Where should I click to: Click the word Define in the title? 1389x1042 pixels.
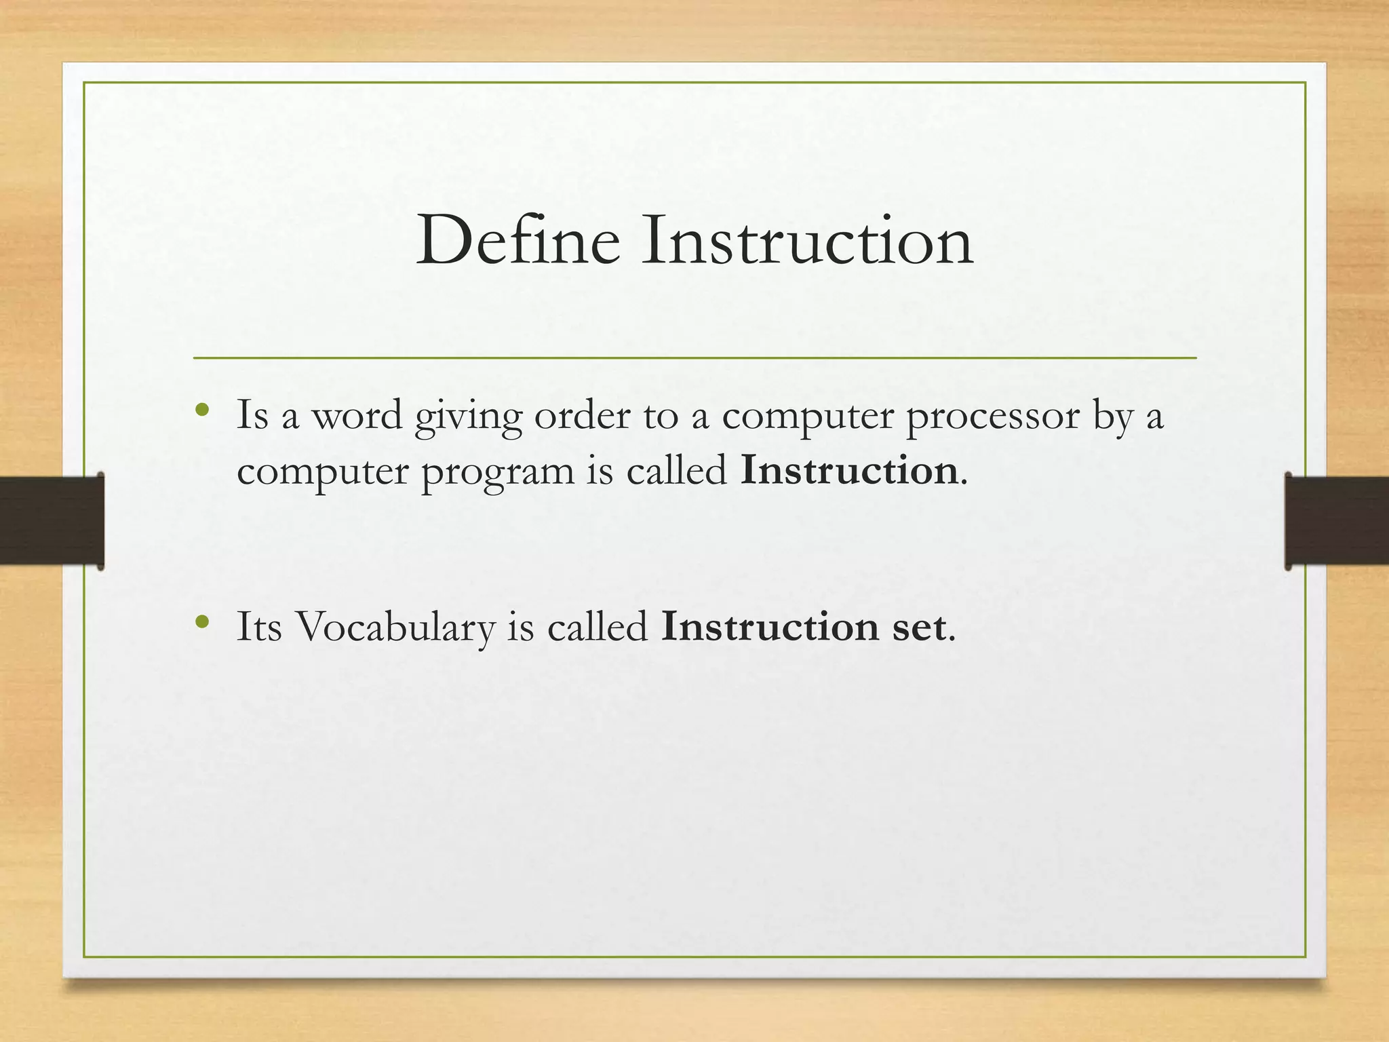point(518,241)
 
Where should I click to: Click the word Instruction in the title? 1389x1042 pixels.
point(807,241)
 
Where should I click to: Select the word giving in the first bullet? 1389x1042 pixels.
point(468,417)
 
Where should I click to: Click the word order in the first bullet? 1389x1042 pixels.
point(582,415)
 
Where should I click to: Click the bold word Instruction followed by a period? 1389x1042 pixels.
point(849,470)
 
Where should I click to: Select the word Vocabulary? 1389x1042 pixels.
point(397,628)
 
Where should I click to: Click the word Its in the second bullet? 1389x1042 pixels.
point(258,627)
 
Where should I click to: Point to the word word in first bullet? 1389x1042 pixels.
point(357,415)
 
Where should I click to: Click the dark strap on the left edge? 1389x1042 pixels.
point(52,521)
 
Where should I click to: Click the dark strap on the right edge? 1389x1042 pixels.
point(1336,521)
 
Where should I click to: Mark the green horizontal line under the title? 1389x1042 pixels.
point(694,358)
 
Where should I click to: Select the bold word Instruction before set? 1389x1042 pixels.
point(770,627)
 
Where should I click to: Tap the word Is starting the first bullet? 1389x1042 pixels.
point(252,415)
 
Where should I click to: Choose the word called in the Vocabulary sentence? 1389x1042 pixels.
point(598,627)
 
